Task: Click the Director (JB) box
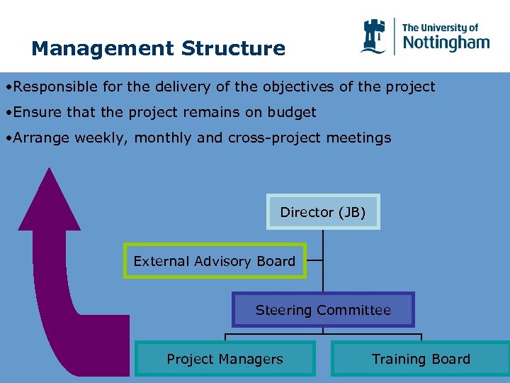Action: (323, 212)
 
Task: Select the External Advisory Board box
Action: (215, 261)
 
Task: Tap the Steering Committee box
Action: (323, 310)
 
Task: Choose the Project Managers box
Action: (225, 359)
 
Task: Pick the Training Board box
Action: (421, 359)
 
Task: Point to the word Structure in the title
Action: (233, 49)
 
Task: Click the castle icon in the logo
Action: (373, 36)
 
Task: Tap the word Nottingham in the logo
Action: (446, 43)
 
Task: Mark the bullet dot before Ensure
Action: (6, 112)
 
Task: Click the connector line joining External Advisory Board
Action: (314, 260)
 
